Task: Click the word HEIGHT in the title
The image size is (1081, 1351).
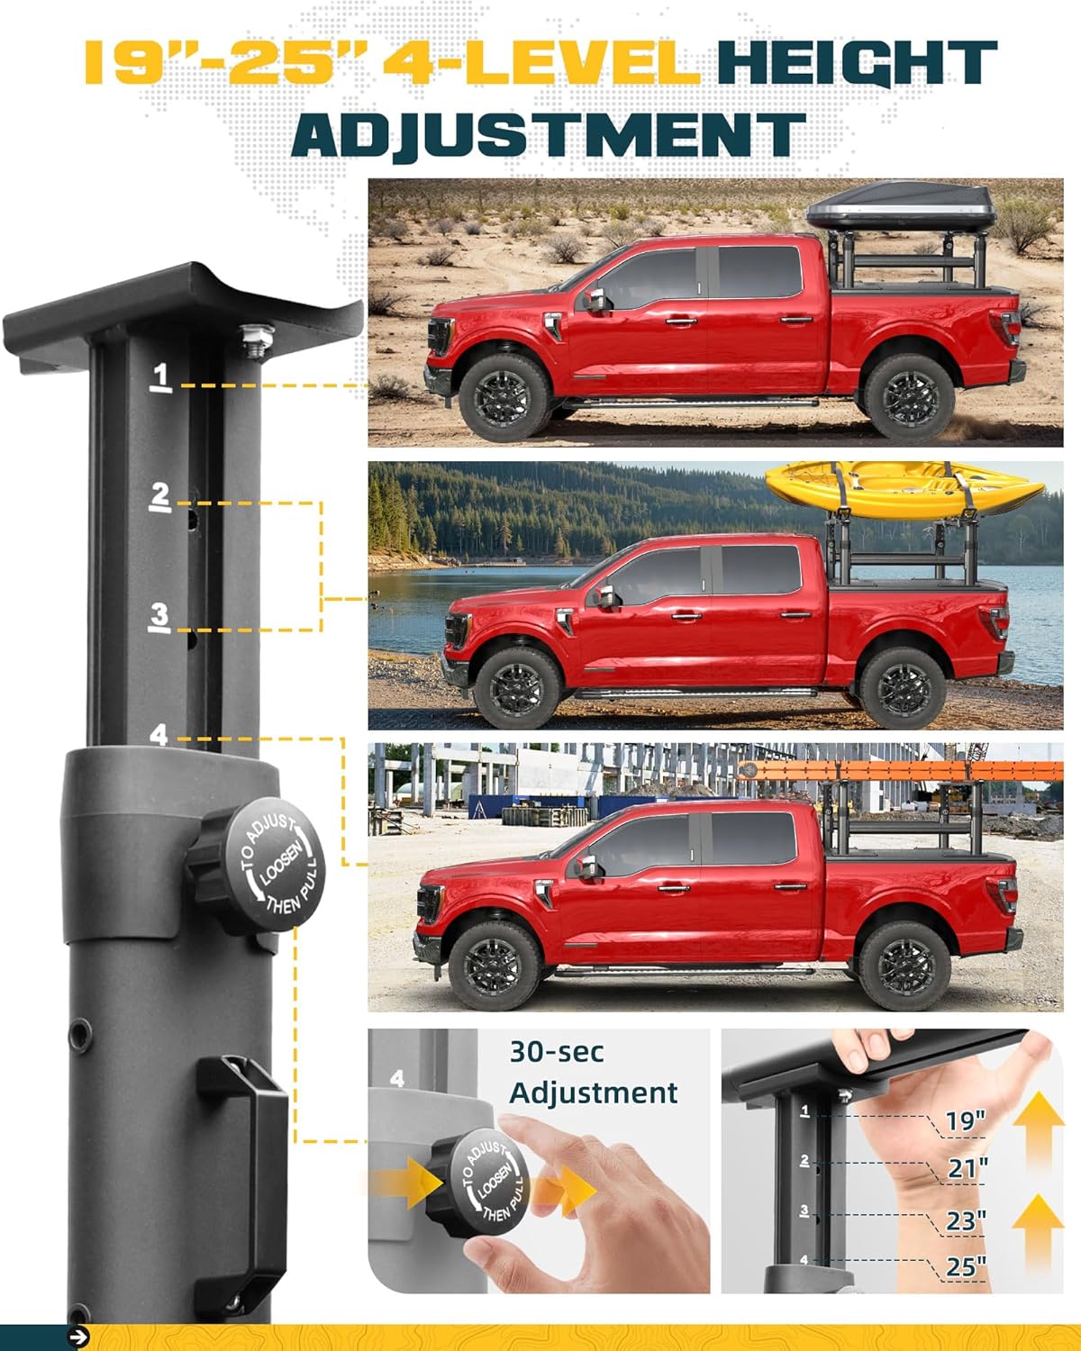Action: [858, 62]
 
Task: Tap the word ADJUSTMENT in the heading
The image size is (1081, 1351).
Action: [549, 134]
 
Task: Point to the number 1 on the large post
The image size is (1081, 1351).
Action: [161, 376]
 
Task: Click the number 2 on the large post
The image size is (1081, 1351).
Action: [160, 496]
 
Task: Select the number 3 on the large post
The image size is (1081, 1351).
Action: [159, 617]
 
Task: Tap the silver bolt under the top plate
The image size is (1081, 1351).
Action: [257, 340]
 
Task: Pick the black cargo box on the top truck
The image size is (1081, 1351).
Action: [901, 206]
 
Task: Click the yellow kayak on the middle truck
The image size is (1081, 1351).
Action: [904, 490]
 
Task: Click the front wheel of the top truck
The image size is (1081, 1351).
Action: [504, 397]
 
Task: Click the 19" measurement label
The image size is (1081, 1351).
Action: [966, 1120]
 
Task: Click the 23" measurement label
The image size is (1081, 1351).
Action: [966, 1220]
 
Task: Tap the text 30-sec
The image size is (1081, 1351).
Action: [557, 1053]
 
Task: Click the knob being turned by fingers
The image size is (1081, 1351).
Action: [478, 1182]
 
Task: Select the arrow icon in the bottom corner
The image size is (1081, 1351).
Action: [78, 1337]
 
